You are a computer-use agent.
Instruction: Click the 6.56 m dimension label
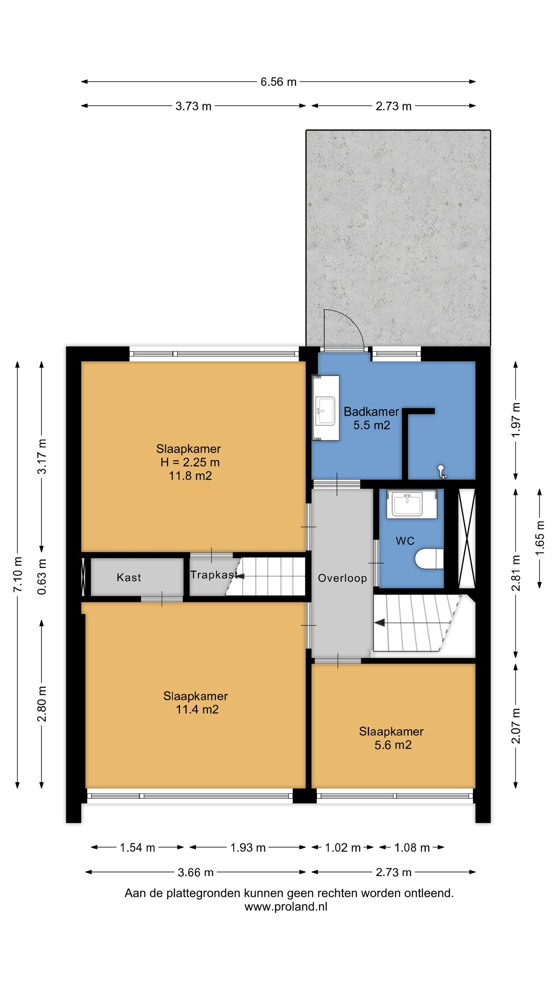(278, 82)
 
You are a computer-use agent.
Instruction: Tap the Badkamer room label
(371, 412)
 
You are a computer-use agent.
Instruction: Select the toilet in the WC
(429, 558)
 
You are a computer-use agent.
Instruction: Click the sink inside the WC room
(408, 504)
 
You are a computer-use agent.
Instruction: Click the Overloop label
(342, 578)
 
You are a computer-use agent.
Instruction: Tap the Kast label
(129, 577)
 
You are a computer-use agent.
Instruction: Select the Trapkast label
(214, 575)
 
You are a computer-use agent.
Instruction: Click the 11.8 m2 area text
(190, 476)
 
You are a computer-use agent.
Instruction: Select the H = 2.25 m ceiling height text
(190, 462)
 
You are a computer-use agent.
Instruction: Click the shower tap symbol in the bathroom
(442, 472)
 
